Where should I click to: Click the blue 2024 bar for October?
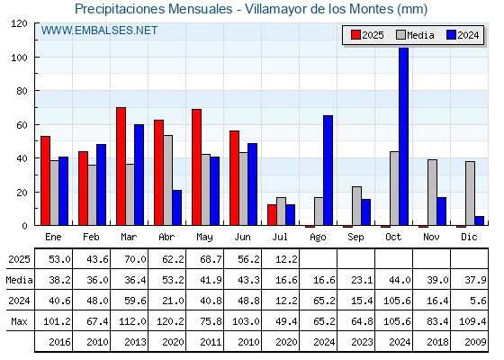coord(404,136)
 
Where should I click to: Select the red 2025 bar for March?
coord(121,166)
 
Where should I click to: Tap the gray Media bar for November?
coord(432,193)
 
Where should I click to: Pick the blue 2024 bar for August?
coord(328,170)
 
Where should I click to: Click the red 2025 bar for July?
coord(272,215)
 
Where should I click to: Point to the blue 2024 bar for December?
coord(479,220)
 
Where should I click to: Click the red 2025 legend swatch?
coord(355,35)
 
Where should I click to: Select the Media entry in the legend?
coord(415,35)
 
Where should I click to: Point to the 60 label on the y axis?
coord(22,125)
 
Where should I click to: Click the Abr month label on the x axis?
coord(166,237)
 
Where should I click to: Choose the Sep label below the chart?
coord(355,238)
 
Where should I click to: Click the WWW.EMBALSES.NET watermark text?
coord(99,31)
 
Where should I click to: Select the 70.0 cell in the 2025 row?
coord(135,259)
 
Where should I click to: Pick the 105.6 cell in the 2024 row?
coord(397,301)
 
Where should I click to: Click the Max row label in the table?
coord(19,321)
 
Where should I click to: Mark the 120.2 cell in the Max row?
coord(170,321)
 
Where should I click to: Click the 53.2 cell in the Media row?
coord(173,280)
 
